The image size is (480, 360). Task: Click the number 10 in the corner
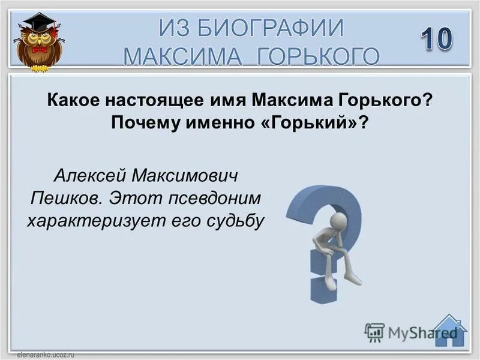click(x=436, y=40)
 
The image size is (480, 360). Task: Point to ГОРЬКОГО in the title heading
click(x=319, y=56)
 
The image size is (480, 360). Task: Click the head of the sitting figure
click(x=338, y=221)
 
